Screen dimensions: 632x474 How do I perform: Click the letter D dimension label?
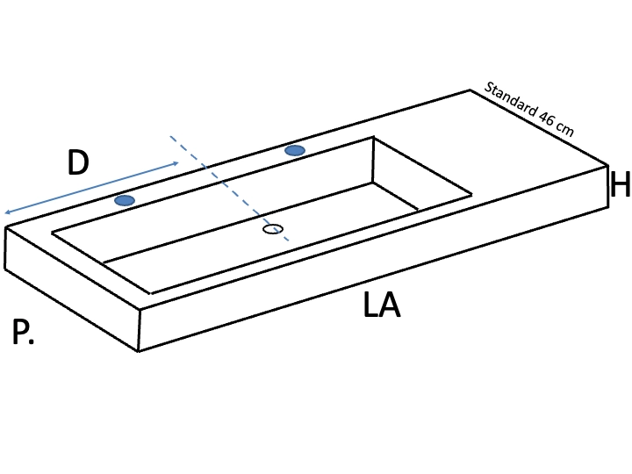click(x=78, y=162)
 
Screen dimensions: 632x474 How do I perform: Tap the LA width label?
click(x=381, y=305)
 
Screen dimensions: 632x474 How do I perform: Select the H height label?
click(x=621, y=183)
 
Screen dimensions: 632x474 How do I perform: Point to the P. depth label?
click(x=23, y=331)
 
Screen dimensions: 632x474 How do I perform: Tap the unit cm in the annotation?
click(x=564, y=129)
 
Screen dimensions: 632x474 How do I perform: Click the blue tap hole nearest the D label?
click(x=125, y=200)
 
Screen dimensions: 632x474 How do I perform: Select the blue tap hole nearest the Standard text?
click(x=295, y=150)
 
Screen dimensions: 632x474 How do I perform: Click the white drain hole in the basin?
click(x=273, y=229)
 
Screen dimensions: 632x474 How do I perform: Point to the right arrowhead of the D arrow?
click(x=176, y=163)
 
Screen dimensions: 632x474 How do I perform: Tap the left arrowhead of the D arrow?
click(x=7, y=212)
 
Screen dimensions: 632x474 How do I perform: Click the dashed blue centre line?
click(x=229, y=188)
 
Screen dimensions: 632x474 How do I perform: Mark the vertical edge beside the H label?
click(x=607, y=186)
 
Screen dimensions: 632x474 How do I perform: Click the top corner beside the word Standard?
click(x=470, y=90)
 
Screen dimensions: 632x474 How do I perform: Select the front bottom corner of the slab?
click(x=139, y=351)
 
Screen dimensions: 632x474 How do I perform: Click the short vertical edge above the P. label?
click(x=5, y=248)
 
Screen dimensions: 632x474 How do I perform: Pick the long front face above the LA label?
click(x=373, y=258)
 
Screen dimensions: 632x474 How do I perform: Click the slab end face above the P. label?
click(x=72, y=289)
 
